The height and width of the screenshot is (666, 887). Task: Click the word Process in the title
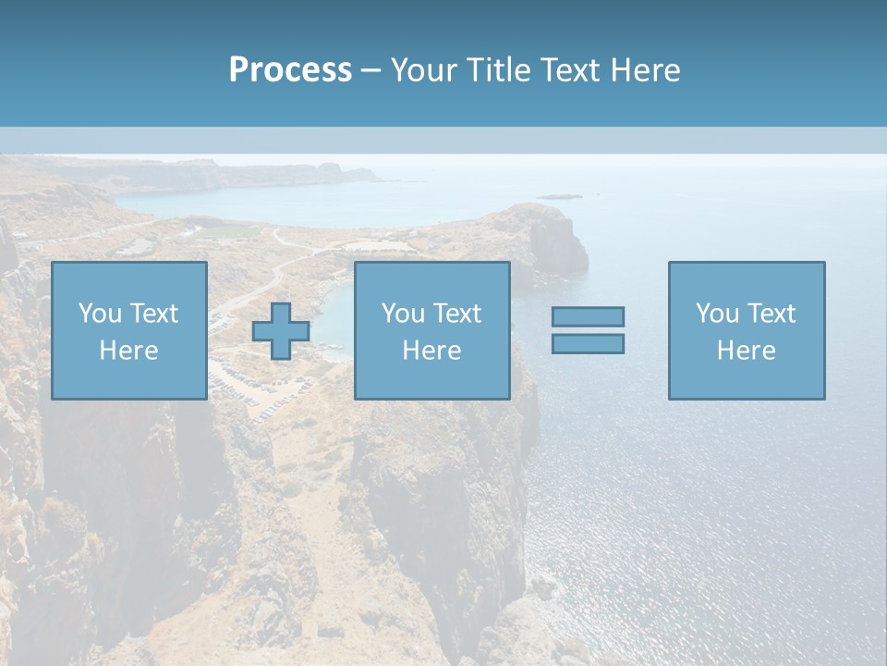point(290,70)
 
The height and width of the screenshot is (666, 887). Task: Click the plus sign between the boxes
point(281,331)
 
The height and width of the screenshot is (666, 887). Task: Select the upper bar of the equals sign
point(588,316)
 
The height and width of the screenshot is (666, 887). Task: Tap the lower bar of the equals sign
point(588,344)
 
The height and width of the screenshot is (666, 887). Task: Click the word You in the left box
point(99,314)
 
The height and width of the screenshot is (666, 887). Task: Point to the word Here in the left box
point(128,351)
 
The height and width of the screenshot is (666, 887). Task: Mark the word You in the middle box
point(402,314)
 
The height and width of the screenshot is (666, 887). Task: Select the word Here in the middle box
point(431,351)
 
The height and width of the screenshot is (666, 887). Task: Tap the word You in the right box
point(716,314)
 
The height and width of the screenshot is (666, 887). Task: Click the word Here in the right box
point(746,351)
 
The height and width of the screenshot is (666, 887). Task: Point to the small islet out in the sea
point(560,196)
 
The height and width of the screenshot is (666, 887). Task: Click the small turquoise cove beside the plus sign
point(333,314)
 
